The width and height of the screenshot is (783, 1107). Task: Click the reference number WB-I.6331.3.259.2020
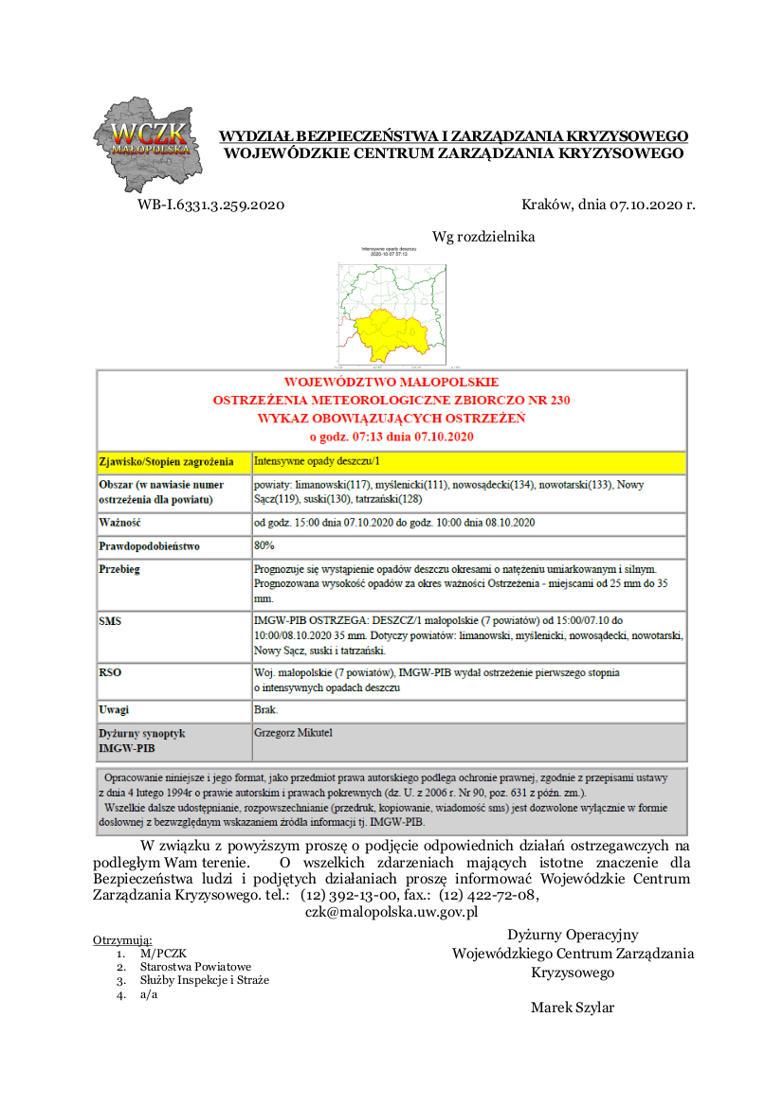tap(210, 205)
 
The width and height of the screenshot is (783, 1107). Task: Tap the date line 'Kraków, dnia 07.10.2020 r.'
tap(608, 205)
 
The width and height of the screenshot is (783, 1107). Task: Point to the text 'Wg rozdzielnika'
tap(483, 237)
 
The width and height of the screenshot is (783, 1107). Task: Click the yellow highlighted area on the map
tap(389, 334)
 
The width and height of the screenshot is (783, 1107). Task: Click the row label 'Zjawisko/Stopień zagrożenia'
tap(166, 462)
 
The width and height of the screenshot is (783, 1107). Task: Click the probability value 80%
tap(264, 545)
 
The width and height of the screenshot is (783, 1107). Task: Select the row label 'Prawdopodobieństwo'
tap(149, 546)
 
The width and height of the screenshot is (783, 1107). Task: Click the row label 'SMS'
tap(110, 622)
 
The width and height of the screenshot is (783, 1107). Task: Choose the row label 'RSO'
tap(110, 673)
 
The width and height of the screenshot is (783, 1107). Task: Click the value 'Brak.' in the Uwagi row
tap(266, 709)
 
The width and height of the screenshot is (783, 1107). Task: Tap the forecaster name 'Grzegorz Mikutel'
tap(293, 733)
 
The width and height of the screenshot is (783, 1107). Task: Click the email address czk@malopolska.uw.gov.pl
tap(391, 912)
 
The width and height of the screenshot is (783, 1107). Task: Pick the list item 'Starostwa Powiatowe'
tap(195, 967)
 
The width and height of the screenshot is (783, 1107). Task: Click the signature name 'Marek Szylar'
tap(572, 1007)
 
